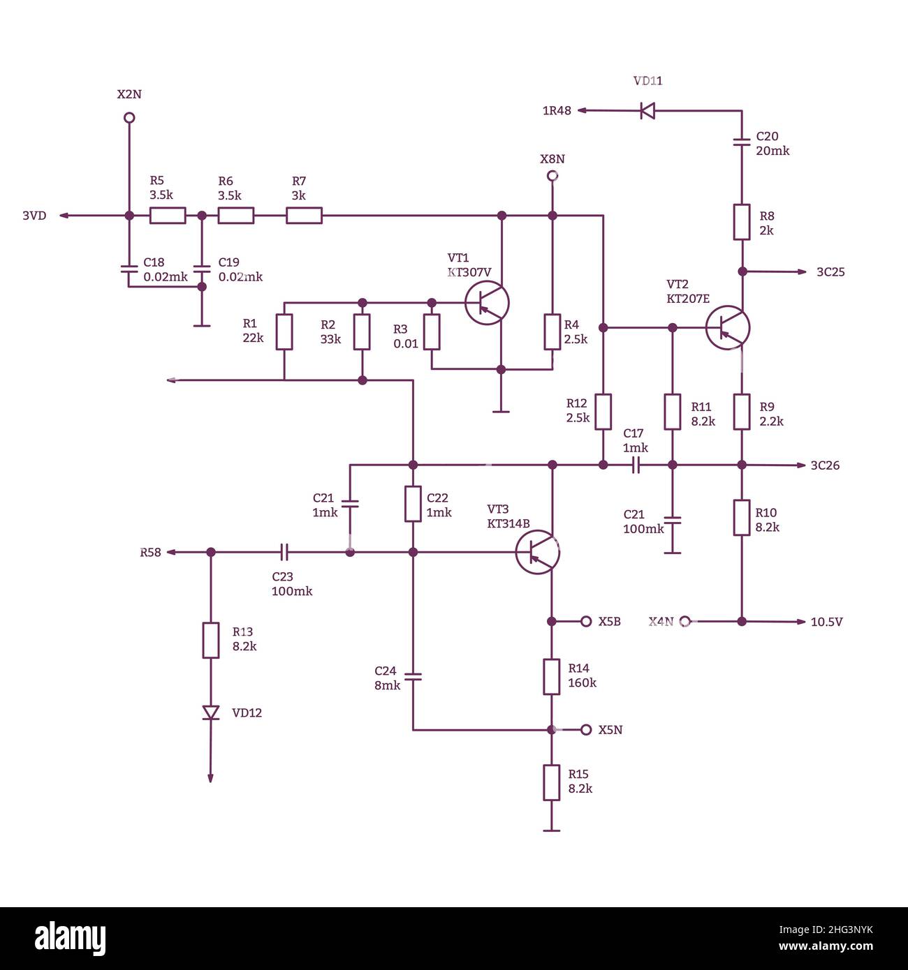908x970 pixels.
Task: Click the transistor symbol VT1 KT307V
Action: point(487,303)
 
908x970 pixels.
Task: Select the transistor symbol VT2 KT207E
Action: point(727,327)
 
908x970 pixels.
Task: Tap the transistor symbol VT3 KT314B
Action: point(537,552)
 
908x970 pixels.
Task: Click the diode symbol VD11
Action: point(647,110)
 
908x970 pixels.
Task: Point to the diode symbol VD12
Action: point(210,712)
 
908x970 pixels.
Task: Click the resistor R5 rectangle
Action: point(168,216)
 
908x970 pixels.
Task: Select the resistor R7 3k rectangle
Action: point(304,216)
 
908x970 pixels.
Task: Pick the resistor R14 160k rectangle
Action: point(552,676)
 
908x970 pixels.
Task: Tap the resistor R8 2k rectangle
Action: point(742,223)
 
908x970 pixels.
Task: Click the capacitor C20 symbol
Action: point(742,142)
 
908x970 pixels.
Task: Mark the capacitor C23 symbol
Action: point(284,552)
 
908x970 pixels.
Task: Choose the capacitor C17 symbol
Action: point(636,465)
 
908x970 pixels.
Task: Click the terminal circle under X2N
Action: point(129,117)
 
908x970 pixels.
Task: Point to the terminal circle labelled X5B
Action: point(586,621)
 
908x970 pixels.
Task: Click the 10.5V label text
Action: point(826,622)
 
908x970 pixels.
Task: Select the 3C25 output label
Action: point(830,272)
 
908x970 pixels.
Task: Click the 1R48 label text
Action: point(557,111)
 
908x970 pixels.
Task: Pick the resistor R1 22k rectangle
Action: point(284,331)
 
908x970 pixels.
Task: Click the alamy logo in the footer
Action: point(71,939)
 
